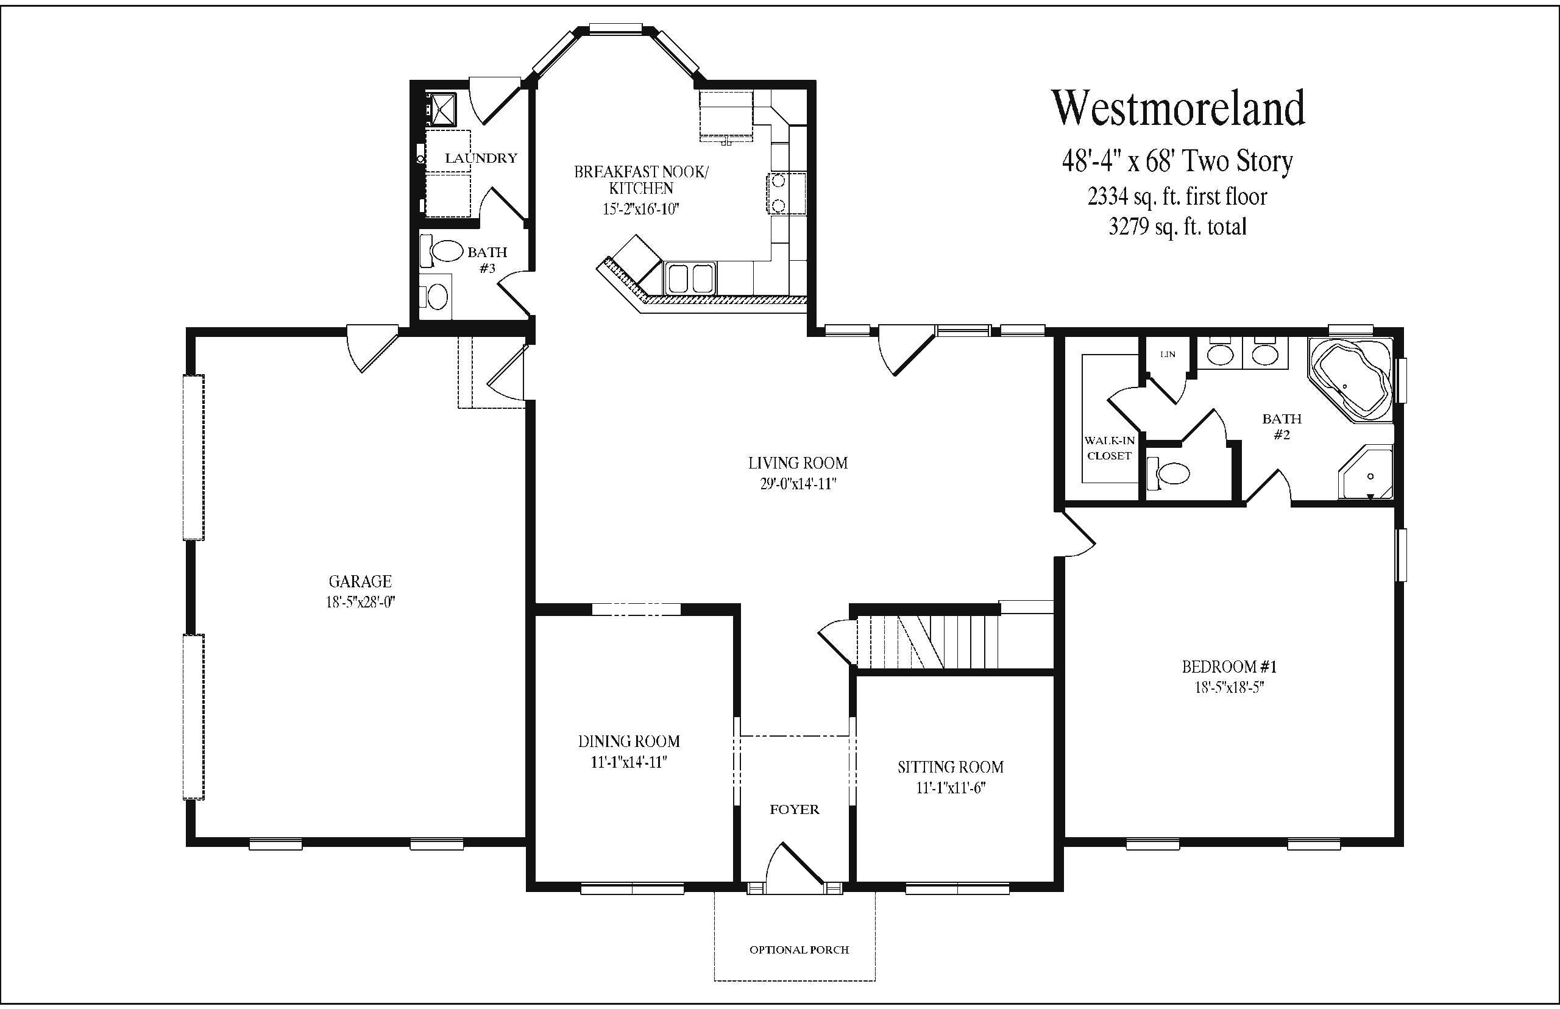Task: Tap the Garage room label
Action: click(360, 581)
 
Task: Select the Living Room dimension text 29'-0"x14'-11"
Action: click(798, 484)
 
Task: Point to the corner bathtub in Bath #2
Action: click(1350, 380)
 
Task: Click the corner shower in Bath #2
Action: click(1366, 472)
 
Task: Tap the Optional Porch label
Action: click(799, 949)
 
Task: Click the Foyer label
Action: click(795, 810)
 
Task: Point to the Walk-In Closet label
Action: click(1109, 448)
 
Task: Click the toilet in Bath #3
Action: click(435, 297)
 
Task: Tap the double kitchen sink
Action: click(690, 278)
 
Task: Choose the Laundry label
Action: click(481, 158)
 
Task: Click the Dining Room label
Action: click(629, 741)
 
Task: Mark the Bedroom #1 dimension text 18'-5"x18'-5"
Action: click(1229, 687)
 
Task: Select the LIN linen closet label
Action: click(1168, 355)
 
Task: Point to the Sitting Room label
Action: click(951, 766)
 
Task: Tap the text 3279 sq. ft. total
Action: click(1177, 227)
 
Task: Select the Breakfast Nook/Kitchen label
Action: click(642, 180)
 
